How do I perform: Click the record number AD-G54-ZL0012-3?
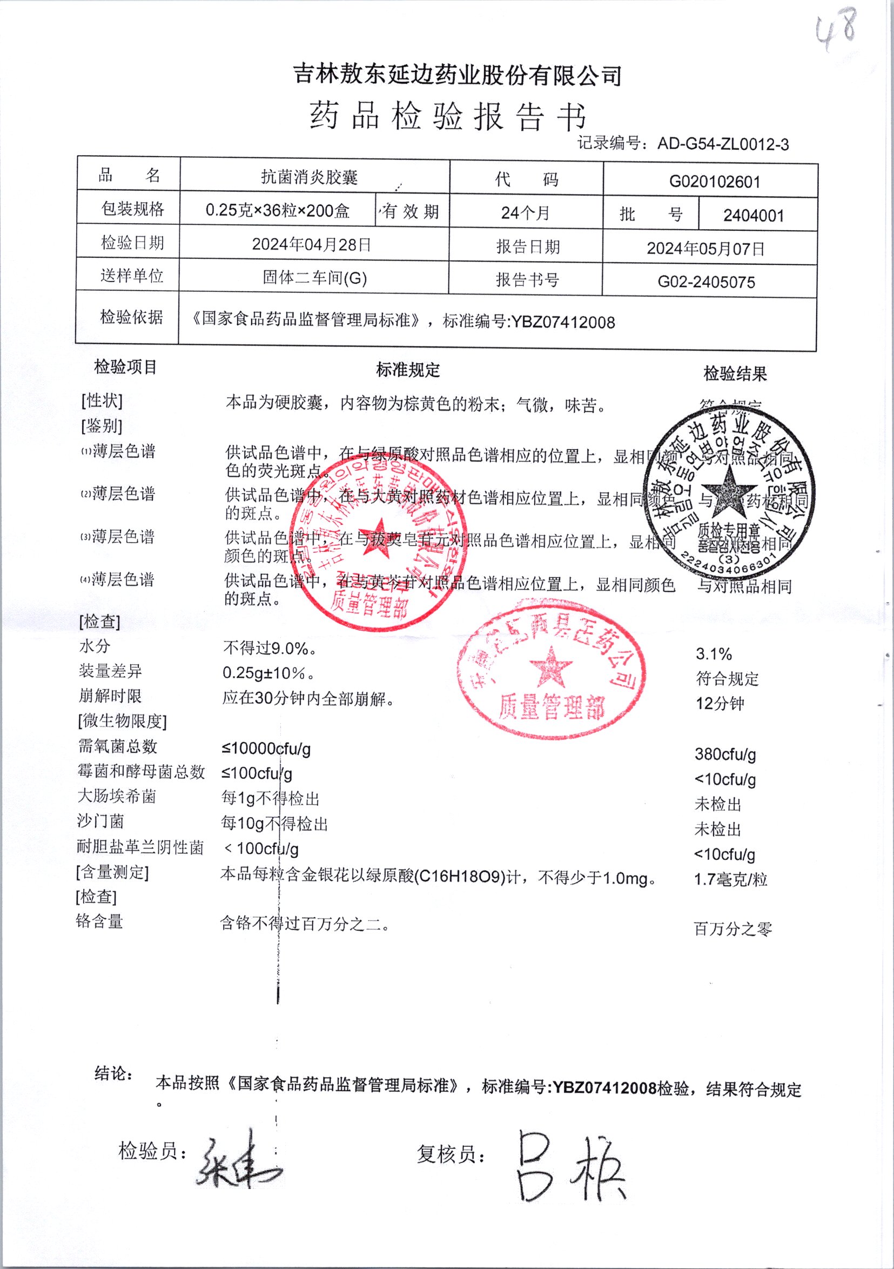tap(723, 145)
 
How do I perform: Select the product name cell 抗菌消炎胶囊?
tap(310, 177)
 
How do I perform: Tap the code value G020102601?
tap(715, 182)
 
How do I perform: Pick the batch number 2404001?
tap(754, 216)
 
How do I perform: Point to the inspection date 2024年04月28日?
tap(312, 244)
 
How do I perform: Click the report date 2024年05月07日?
tap(705, 249)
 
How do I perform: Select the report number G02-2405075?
tap(705, 283)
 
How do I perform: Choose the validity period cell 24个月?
tap(525, 213)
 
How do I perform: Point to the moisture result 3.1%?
tap(714, 654)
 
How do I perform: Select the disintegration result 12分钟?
tap(720, 704)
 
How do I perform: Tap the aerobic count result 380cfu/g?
tap(725, 754)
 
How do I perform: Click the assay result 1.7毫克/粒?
tap(730, 879)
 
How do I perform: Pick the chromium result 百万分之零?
tap(732, 929)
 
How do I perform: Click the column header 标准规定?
tap(408, 370)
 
